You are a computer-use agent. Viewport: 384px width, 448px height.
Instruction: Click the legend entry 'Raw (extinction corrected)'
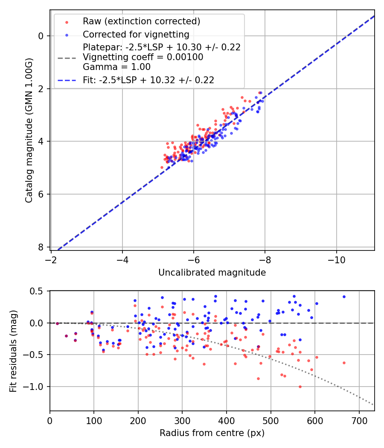click(x=141, y=21)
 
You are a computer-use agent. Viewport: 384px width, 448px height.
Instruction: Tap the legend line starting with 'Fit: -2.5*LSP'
click(x=148, y=80)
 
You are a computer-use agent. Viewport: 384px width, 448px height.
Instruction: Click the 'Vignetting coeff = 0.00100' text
click(x=143, y=57)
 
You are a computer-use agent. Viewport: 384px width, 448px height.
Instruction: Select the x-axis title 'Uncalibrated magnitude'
click(x=212, y=273)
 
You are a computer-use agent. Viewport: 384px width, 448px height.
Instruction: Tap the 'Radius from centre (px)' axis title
click(x=212, y=433)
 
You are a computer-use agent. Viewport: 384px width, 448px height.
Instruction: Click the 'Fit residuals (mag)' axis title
click(x=13, y=351)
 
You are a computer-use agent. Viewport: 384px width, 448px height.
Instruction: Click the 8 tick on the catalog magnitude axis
click(x=41, y=247)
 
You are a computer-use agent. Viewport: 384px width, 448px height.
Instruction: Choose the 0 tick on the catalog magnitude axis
click(x=41, y=36)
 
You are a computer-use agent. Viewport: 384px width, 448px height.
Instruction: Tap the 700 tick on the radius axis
click(x=359, y=419)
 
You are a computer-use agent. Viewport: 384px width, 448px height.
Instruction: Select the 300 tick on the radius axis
click(x=182, y=419)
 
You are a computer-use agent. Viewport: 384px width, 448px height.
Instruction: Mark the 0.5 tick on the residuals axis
click(x=38, y=291)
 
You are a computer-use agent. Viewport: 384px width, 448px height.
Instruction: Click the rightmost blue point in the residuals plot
click(x=344, y=297)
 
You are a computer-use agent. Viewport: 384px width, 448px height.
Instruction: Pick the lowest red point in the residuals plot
click(x=300, y=387)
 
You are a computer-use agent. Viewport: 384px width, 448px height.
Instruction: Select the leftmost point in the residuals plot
click(x=57, y=323)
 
